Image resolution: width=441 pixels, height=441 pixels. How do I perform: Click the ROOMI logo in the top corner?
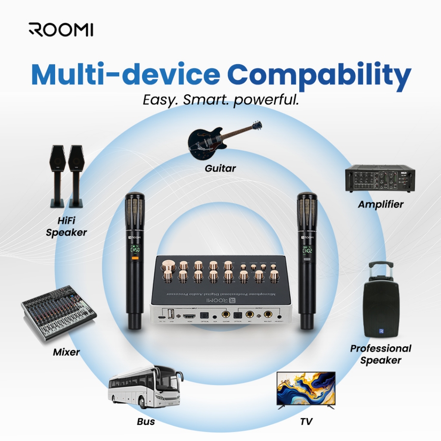point(61,30)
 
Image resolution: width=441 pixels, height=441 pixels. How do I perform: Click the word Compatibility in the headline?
point(319,75)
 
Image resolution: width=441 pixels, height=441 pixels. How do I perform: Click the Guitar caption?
point(220,168)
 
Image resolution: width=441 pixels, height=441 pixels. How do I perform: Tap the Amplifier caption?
point(381,204)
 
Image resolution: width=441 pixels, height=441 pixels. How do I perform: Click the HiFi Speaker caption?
point(66,227)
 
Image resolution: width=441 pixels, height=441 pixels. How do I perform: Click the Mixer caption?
point(66,352)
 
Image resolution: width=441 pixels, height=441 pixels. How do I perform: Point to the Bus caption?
point(146,421)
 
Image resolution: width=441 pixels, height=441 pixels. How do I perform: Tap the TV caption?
point(306,421)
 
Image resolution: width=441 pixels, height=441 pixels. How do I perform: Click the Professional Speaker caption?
point(381,354)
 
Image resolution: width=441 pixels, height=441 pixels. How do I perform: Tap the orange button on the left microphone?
point(135,258)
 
